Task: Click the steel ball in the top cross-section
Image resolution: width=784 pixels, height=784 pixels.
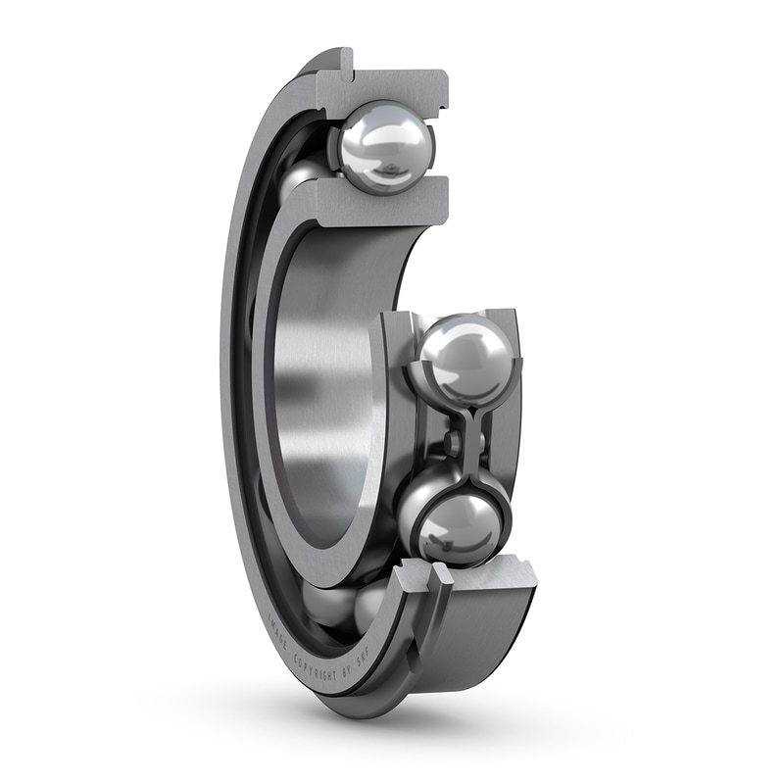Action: click(386, 147)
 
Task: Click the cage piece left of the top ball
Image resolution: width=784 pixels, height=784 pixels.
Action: click(331, 147)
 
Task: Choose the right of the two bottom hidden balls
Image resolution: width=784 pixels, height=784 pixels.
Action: click(370, 603)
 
